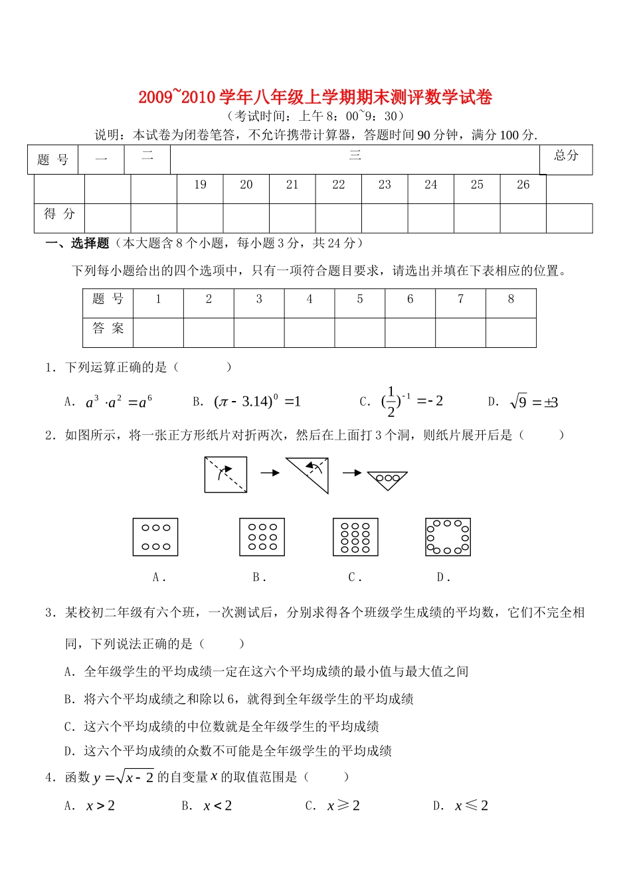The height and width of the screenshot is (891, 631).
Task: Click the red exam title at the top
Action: click(x=315, y=97)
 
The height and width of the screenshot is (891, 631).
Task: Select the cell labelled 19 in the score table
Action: click(x=200, y=185)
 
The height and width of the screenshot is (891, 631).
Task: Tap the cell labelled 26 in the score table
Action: click(x=523, y=185)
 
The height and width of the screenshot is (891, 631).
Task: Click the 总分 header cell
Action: click(x=566, y=156)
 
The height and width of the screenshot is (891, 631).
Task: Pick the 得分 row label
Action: click(x=60, y=214)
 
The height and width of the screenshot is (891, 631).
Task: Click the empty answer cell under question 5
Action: click(x=359, y=332)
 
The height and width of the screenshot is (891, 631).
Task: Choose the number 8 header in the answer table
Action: click(x=511, y=299)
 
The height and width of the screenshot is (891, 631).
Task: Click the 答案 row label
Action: click(x=108, y=329)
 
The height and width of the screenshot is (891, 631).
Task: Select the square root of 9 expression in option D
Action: click(x=533, y=402)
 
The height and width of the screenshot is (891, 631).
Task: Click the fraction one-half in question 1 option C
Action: click(x=391, y=402)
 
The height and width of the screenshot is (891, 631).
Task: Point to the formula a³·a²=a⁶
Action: click(x=119, y=402)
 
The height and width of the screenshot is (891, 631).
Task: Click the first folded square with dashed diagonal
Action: click(x=226, y=474)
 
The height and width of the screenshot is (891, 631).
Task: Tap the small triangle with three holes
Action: click(x=387, y=480)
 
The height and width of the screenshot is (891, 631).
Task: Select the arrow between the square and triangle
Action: click(x=270, y=473)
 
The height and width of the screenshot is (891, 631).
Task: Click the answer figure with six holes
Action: click(x=155, y=537)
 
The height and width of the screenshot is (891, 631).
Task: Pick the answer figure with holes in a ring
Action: click(x=448, y=537)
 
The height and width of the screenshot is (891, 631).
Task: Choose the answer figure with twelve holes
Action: click(x=355, y=537)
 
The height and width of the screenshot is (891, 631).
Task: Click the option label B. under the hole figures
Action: click(x=259, y=578)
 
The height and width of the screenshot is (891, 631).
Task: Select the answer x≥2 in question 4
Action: click(x=343, y=806)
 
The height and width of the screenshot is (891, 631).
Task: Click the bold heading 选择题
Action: click(x=90, y=244)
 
